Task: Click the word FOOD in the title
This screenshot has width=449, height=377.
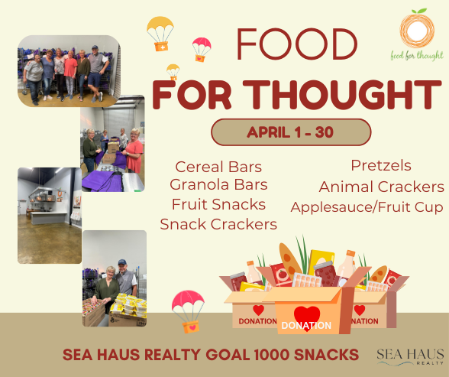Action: click(x=297, y=44)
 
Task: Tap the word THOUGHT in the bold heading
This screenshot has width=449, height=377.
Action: click(x=342, y=95)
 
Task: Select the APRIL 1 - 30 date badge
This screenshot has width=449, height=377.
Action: click(x=291, y=132)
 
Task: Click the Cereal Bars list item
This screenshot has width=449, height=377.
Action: click(x=218, y=167)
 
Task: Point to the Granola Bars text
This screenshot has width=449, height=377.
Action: click(x=218, y=184)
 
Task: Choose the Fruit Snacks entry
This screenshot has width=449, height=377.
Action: click(x=218, y=204)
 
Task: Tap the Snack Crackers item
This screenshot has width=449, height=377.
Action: click(x=218, y=224)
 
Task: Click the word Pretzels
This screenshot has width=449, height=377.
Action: click(x=381, y=165)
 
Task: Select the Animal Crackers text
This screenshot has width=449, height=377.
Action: click(x=382, y=187)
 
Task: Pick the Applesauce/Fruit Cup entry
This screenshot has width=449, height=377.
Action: click(x=367, y=207)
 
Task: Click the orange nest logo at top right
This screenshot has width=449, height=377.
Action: click(x=417, y=28)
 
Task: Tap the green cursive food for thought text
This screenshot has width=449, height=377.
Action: click(x=417, y=55)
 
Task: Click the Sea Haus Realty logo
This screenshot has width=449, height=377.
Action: click(x=410, y=357)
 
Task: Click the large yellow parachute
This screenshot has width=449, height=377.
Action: click(x=160, y=34)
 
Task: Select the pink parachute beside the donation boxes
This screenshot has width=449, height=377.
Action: click(x=188, y=311)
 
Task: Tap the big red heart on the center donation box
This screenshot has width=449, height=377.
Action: click(x=307, y=317)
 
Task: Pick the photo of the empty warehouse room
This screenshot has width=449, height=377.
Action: click(x=50, y=216)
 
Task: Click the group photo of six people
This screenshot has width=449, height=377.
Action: click(x=69, y=71)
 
